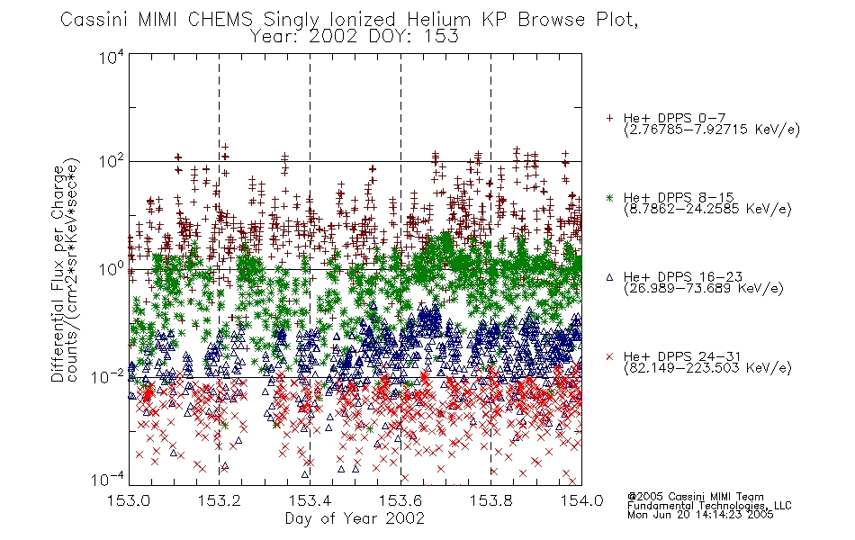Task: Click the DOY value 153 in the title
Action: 443,37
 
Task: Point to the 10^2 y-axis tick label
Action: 112,162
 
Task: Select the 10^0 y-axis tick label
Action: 112,269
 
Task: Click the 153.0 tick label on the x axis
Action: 130,500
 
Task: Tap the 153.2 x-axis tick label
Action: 220,500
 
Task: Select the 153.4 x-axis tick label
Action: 310,500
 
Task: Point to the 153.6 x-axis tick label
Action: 400,500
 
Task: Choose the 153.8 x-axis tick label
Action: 491,500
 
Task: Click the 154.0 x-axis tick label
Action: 581,500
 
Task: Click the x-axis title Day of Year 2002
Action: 355,518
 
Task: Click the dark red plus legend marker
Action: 610,118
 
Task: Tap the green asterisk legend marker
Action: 610,197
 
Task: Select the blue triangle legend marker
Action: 610,277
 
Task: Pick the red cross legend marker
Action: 610,356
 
